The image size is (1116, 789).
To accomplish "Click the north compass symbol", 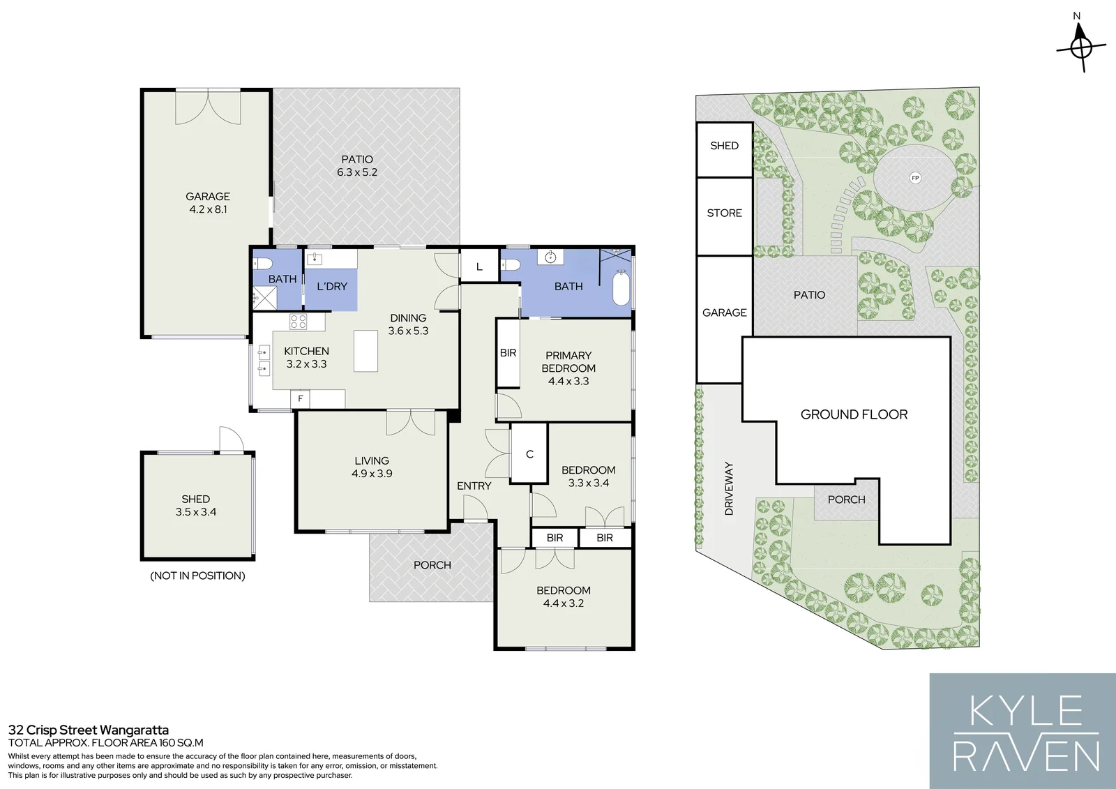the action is pyautogui.click(x=1080, y=47).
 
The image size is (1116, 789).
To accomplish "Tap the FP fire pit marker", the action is pyautogui.click(x=914, y=178).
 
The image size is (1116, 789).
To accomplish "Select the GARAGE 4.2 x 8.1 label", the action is pyautogui.click(x=208, y=203).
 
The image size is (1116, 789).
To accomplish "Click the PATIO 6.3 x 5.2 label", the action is pyautogui.click(x=356, y=166).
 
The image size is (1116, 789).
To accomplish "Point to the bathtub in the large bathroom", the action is pyautogui.click(x=621, y=287).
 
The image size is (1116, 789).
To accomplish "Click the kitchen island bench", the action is pyautogui.click(x=365, y=350).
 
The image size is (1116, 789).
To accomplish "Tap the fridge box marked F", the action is pyautogui.click(x=300, y=398).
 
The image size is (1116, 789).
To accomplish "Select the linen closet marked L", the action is pyautogui.click(x=479, y=266).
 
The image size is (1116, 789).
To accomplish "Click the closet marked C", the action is pyautogui.click(x=529, y=453).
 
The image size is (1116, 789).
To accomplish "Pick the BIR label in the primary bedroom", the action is pyautogui.click(x=508, y=353).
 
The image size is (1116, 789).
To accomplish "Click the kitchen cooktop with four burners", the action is pyautogui.click(x=299, y=322).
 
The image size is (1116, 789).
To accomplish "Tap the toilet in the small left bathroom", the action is pyautogui.click(x=262, y=263).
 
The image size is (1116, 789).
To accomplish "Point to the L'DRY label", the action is pyautogui.click(x=332, y=287).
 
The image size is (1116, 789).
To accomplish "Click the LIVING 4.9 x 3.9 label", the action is pyautogui.click(x=372, y=467).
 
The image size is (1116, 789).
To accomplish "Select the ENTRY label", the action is pyautogui.click(x=474, y=486).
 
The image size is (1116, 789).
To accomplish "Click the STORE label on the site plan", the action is pyautogui.click(x=725, y=213).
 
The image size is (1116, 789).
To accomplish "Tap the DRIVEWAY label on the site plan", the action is pyautogui.click(x=729, y=488).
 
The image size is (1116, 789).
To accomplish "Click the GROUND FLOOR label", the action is pyautogui.click(x=854, y=414).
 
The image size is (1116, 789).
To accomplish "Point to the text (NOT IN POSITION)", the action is pyautogui.click(x=198, y=576).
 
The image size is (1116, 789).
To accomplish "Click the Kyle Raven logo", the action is pyautogui.click(x=1023, y=731).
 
